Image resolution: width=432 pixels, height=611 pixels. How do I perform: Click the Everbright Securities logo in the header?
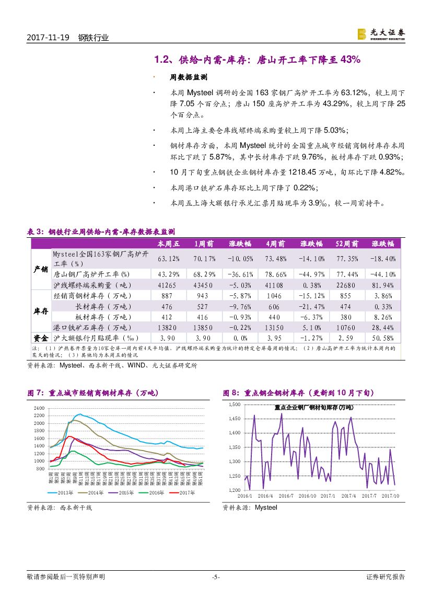click(381, 33)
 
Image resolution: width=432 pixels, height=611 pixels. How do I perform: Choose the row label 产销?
click(41, 269)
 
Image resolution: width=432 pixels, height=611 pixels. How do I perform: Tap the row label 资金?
click(41, 338)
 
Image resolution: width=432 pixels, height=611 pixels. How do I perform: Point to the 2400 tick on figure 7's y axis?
click(39, 408)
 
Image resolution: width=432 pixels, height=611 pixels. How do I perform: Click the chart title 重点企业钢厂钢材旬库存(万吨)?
click(313, 407)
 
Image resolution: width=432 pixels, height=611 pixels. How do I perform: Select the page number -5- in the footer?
click(216, 577)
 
